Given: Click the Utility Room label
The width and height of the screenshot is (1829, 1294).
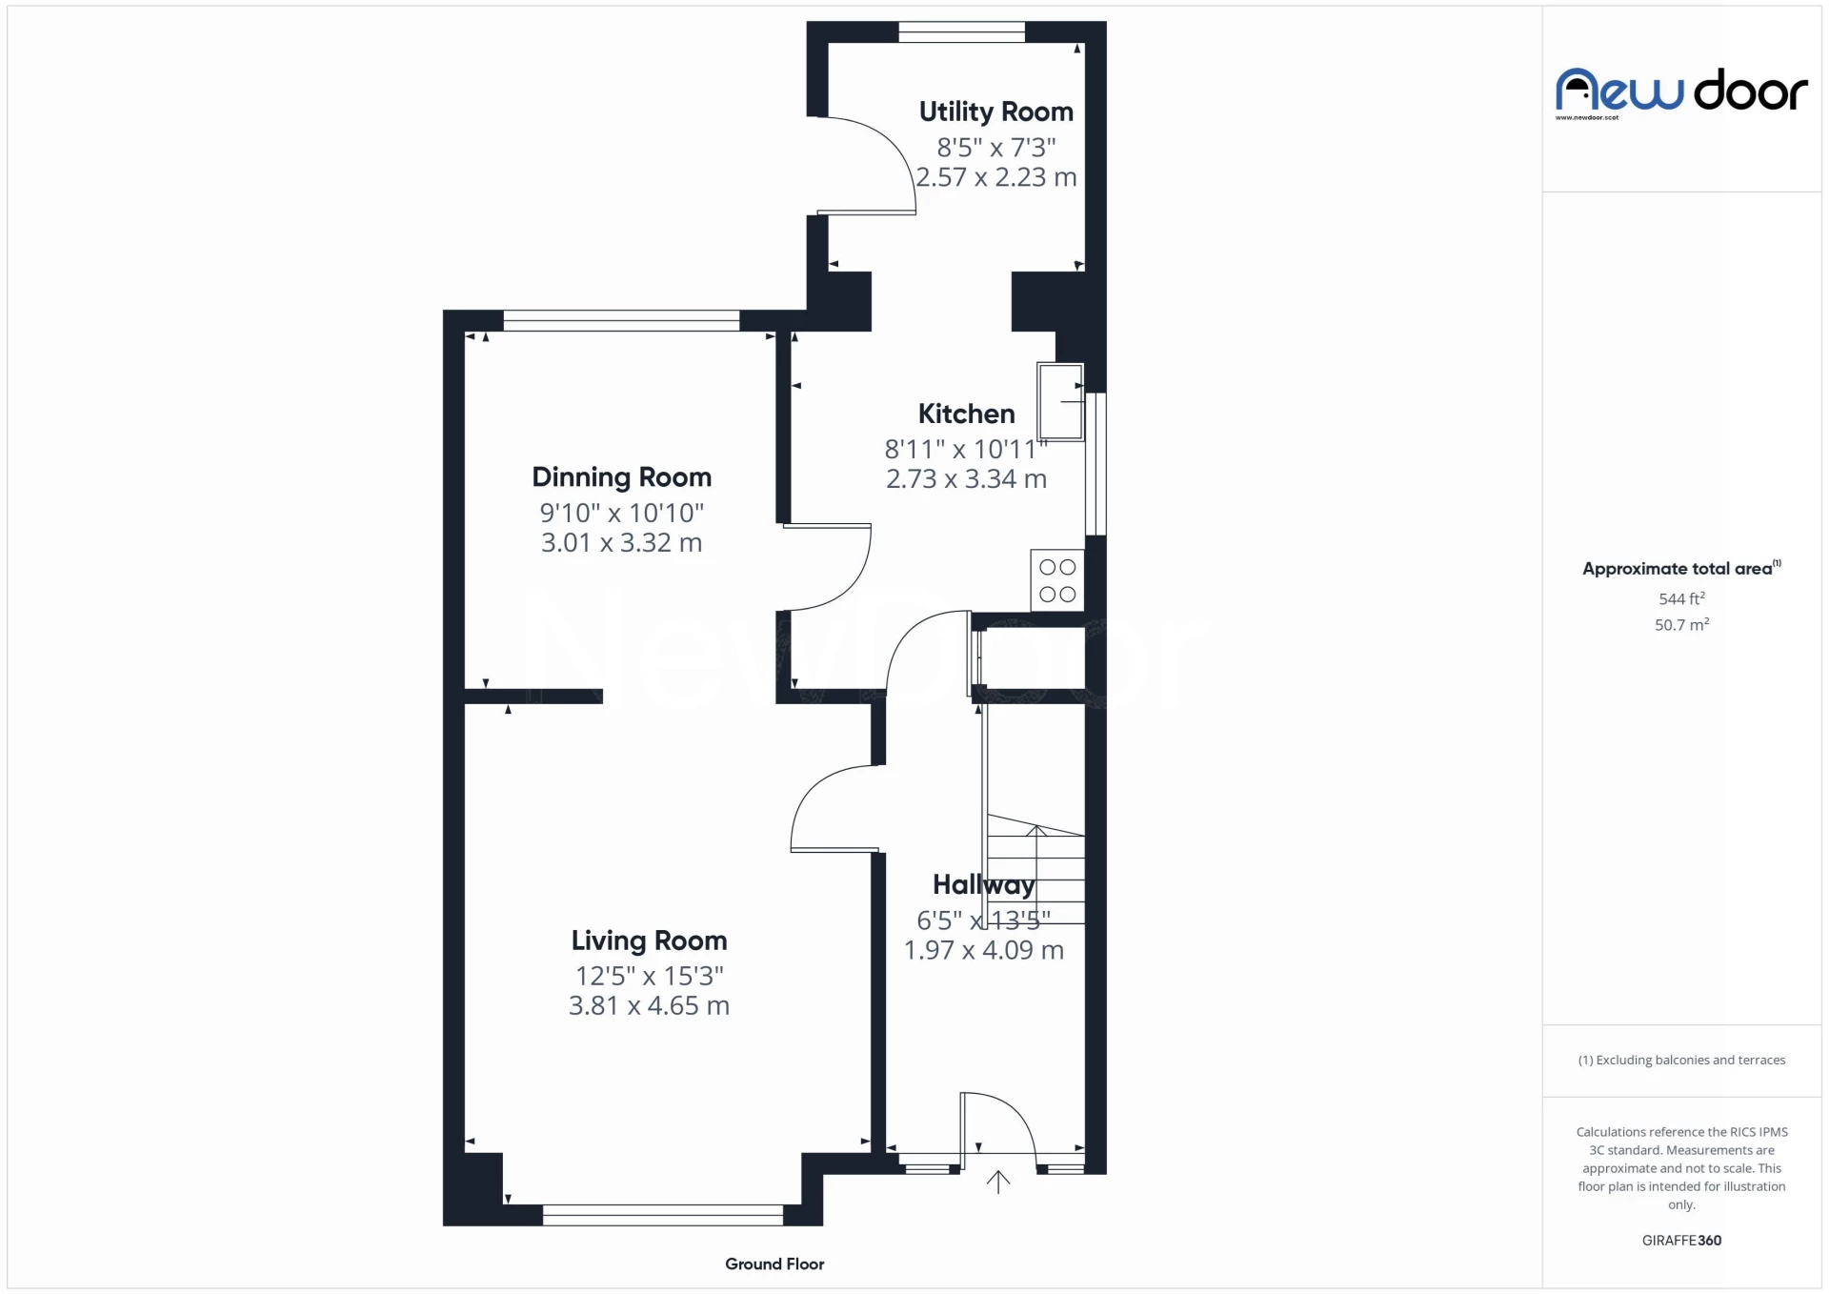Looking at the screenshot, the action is tap(995, 112).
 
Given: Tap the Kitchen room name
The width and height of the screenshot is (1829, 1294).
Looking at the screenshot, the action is tap(966, 414).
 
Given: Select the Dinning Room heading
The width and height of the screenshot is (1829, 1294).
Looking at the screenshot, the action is tap(621, 477).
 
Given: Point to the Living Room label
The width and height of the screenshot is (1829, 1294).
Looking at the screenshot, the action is tap(649, 941).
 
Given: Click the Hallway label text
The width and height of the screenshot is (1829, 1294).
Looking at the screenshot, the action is tap(983, 885).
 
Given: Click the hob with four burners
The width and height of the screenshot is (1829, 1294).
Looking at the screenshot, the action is tap(1057, 580).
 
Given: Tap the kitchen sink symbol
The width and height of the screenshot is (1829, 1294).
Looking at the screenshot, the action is tap(1060, 401).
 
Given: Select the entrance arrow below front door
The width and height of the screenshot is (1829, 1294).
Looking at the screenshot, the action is tap(997, 1183).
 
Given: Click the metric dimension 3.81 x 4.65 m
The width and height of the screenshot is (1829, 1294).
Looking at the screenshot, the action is tap(649, 1006).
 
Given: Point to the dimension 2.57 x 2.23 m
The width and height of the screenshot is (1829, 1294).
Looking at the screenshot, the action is tap(996, 177).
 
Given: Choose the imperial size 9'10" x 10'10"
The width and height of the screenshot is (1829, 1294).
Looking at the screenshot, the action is tap(621, 513).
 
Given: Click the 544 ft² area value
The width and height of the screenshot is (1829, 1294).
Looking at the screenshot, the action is tap(1681, 598).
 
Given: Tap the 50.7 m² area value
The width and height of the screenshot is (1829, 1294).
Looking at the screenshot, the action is tap(1681, 625).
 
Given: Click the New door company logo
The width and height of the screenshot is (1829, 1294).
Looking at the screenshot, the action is tap(1681, 92).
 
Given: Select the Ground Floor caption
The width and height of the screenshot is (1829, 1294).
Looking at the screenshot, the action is tap(774, 1264).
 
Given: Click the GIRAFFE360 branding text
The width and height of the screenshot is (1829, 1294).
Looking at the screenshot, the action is tap(1681, 1241).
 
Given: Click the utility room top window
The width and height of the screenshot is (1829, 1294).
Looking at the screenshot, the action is tap(961, 32).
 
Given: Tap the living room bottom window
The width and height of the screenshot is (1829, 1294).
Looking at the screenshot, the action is tap(662, 1215).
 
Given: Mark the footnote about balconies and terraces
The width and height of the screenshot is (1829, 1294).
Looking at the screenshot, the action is tap(1681, 1061).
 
